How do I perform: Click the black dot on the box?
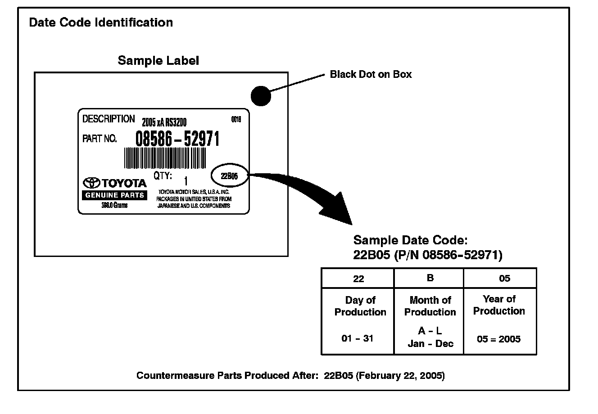pos(260,95)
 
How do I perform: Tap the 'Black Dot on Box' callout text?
pos(371,74)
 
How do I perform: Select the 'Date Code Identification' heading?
pos(100,22)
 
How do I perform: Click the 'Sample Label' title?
pos(158,60)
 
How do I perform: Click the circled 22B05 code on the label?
pos(229,175)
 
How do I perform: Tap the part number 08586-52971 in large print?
pos(177,139)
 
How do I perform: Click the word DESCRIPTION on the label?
pos(109,119)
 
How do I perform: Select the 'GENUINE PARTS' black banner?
pos(114,195)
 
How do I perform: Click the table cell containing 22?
pos(358,279)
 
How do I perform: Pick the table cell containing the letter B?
pos(430,278)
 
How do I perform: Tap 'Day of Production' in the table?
pos(360,306)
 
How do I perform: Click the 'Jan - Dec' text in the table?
pos(430,344)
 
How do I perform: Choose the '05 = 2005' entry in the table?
pos(498,339)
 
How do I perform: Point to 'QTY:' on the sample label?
pos(163,175)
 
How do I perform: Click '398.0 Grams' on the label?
pos(114,205)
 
